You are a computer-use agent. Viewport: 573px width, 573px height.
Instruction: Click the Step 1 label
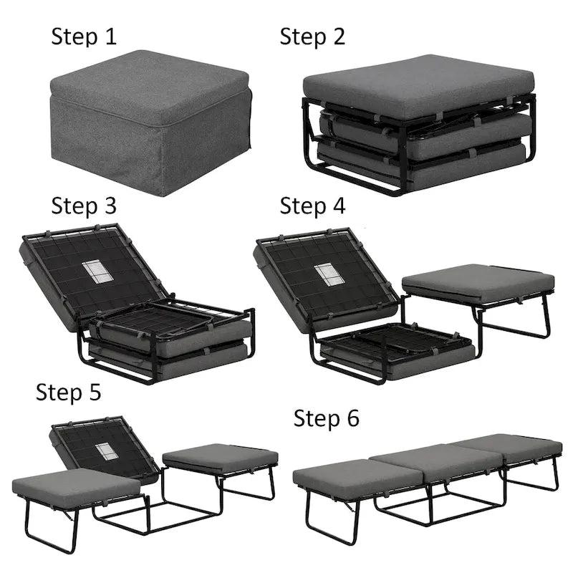point(84,37)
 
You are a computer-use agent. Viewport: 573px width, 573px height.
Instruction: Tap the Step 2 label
point(312,37)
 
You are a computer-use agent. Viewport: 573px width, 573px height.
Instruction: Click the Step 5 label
point(69,392)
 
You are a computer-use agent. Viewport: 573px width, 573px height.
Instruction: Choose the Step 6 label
point(327,418)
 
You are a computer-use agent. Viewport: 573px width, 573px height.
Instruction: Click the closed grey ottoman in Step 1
point(149,122)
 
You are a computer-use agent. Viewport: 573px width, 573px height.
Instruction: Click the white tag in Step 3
point(94,271)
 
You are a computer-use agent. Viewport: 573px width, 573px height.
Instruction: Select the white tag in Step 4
point(327,274)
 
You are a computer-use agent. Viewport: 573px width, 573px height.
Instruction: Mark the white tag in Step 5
point(106,451)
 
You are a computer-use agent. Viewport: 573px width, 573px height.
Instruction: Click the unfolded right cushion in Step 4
point(478,282)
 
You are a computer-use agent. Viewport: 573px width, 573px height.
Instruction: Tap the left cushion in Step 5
point(75,487)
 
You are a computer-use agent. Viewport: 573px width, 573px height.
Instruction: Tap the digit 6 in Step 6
point(352,418)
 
